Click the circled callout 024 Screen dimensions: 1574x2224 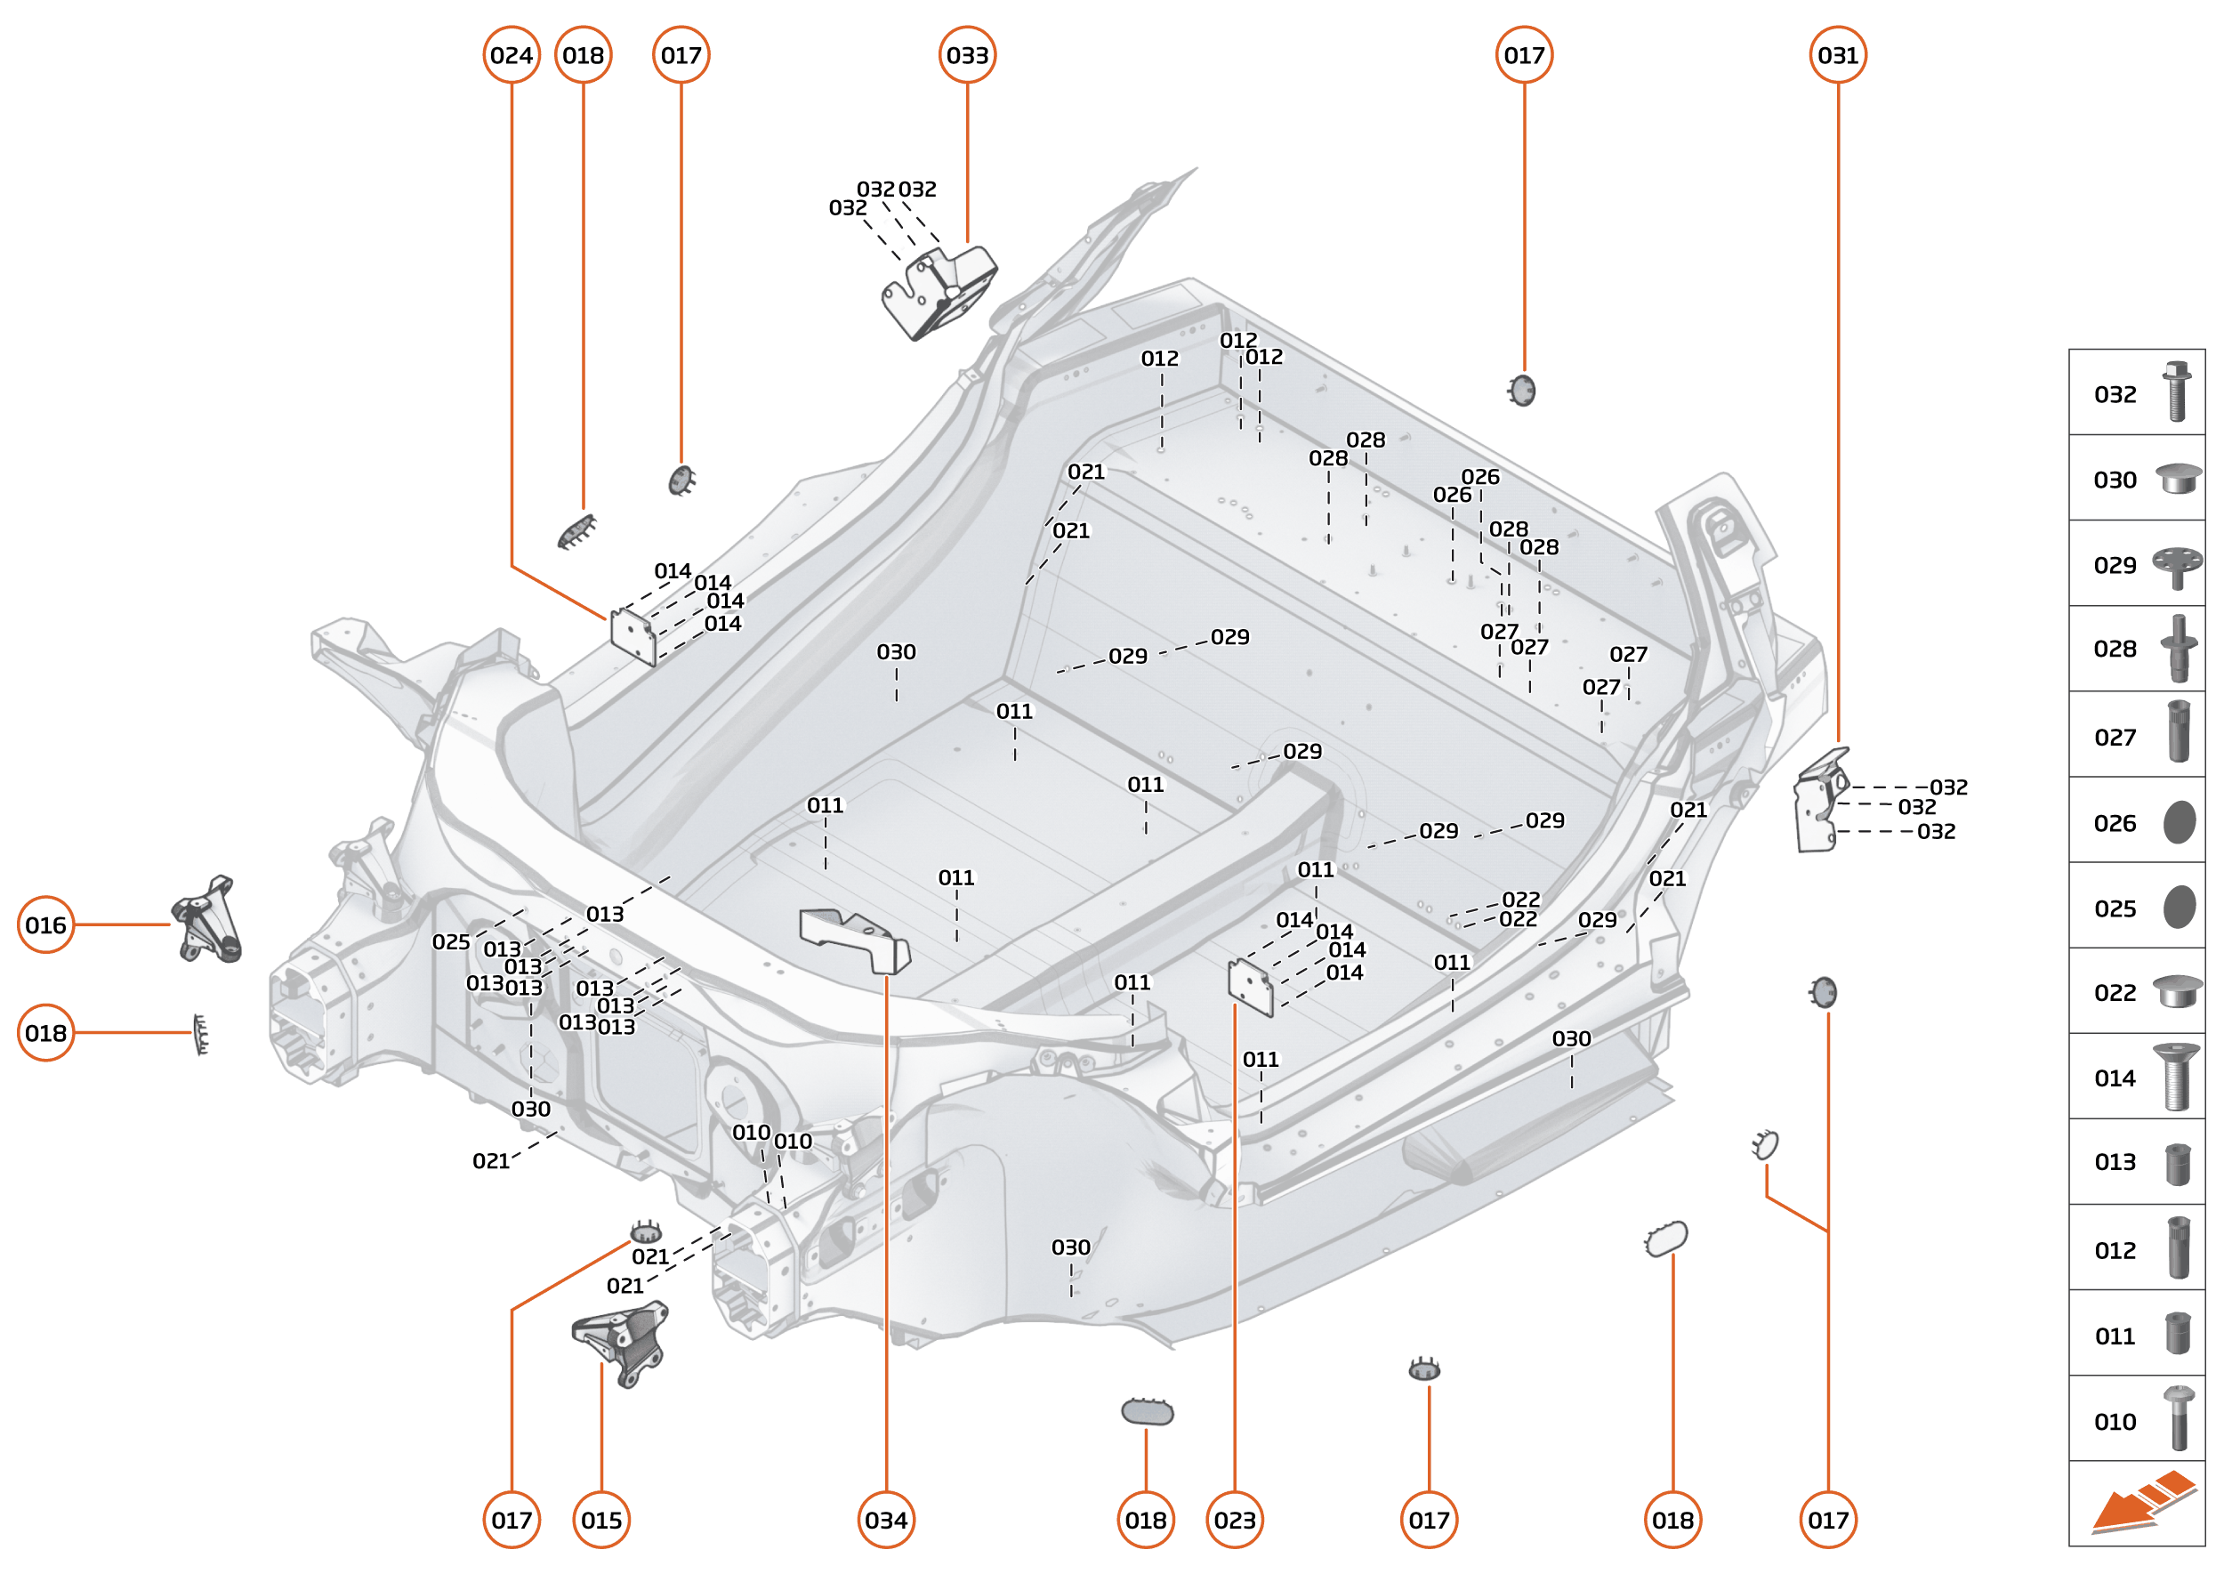click(x=511, y=55)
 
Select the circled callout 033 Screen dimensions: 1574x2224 click(x=967, y=55)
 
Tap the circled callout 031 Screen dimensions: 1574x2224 click(x=1837, y=55)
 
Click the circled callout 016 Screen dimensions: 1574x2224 click(x=45, y=924)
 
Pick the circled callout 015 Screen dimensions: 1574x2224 click(x=600, y=1520)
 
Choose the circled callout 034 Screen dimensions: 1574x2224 click(x=886, y=1520)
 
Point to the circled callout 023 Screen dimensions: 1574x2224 click(x=1234, y=1520)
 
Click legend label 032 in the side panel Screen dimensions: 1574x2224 click(x=2115, y=394)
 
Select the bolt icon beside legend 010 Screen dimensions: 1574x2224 click(x=2178, y=1418)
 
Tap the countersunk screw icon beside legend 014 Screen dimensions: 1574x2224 click(x=2176, y=1077)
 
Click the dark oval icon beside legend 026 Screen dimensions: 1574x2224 click(x=2179, y=822)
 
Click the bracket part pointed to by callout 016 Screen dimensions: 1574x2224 click(x=206, y=921)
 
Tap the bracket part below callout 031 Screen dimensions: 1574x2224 click(x=1819, y=803)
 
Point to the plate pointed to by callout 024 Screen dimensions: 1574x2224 click(x=633, y=636)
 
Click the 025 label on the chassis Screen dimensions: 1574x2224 click(x=451, y=942)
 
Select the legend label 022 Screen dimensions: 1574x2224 click(x=2115, y=992)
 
